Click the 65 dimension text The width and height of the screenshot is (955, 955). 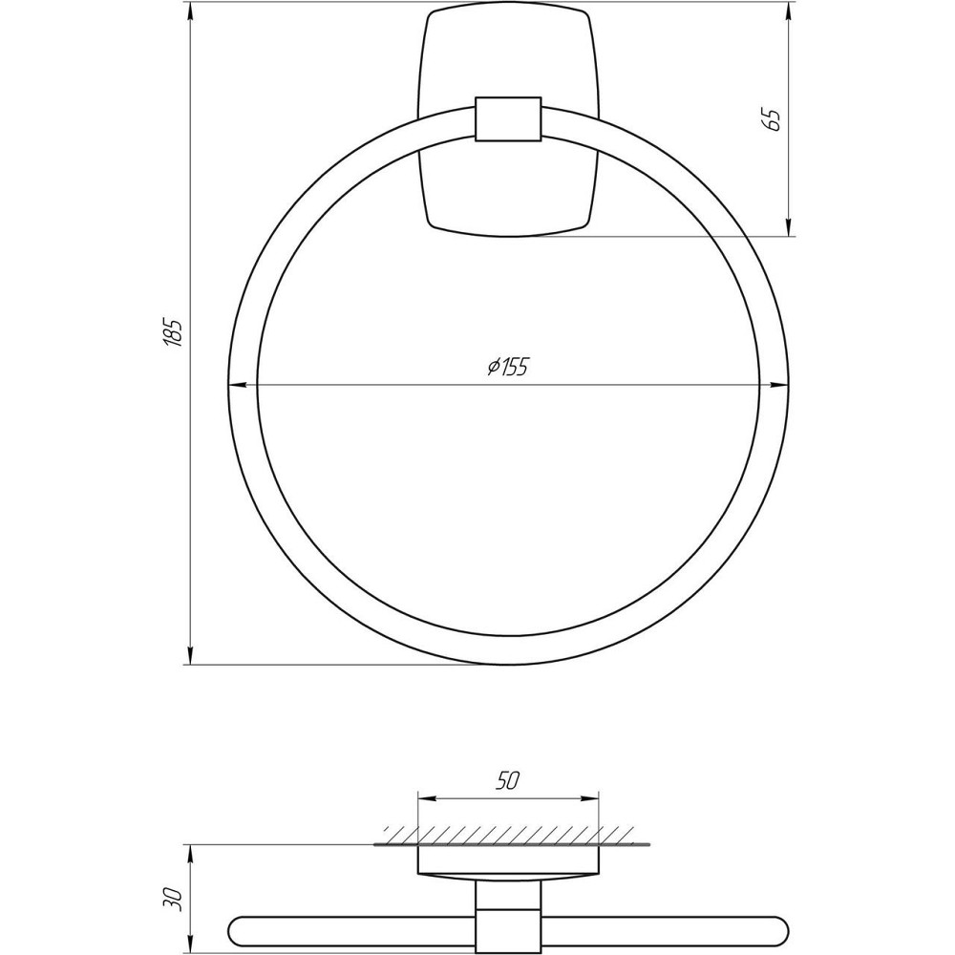[x=773, y=119]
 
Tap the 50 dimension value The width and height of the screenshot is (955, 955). [x=507, y=780]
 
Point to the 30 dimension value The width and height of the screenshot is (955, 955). [x=173, y=898]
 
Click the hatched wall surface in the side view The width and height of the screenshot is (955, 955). [x=508, y=834]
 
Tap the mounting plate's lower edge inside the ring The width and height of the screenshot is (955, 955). [x=508, y=234]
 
